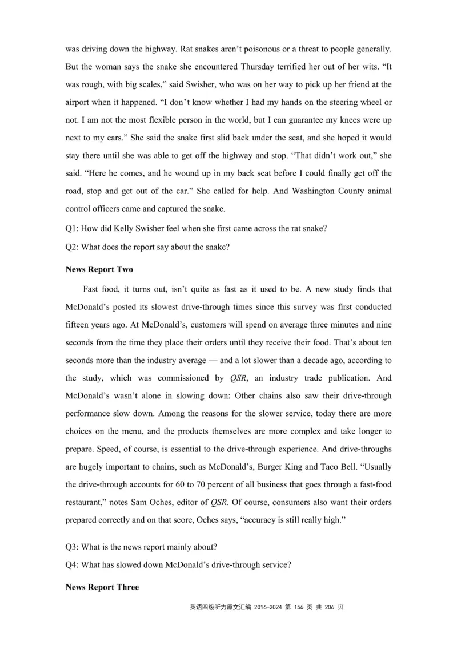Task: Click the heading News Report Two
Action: click(98, 269)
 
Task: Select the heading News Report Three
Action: click(102, 587)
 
